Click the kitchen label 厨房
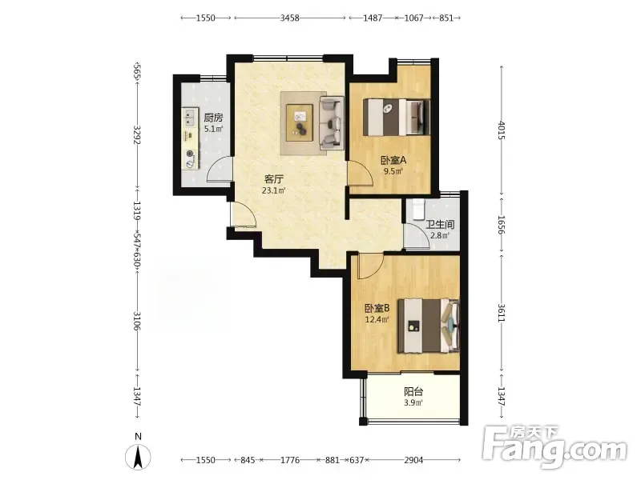[x=213, y=118]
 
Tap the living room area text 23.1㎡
[x=273, y=190]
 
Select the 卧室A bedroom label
[x=393, y=161]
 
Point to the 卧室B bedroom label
[x=377, y=308]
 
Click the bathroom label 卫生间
[x=440, y=225]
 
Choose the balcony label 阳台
[x=413, y=392]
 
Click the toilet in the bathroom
[x=418, y=210]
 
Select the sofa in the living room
[x=330, y=122]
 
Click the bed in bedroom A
[x=397, y=117]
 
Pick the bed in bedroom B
[x=429, y=326]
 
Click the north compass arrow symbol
[x=138, y=457]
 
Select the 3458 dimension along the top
[x=289, y=18]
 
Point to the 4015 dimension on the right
[x=502, y=130]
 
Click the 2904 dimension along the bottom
[x=413, y=460]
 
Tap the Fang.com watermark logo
[x=554, y=447]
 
